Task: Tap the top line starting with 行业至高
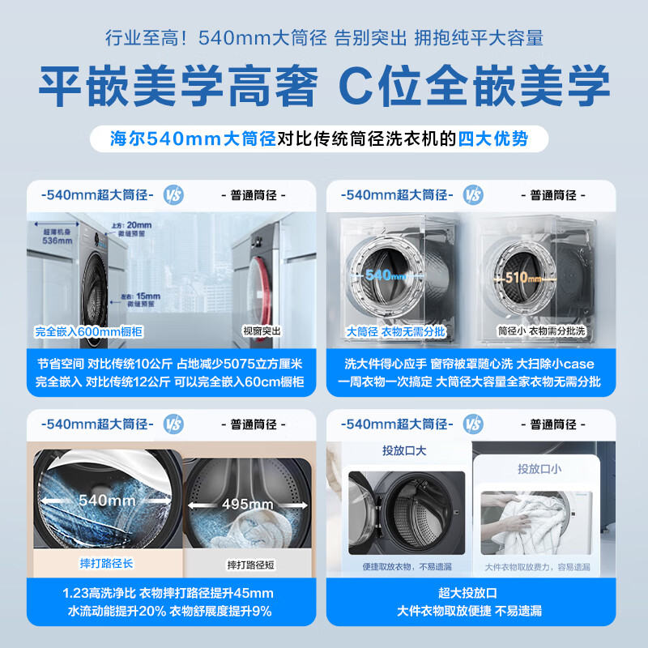tap(324, 38)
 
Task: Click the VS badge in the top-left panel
tap(173, 195)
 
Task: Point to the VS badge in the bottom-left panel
tap(173, 424)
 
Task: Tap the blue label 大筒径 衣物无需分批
tap(385, 331)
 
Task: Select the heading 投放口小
tap(539, 468)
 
